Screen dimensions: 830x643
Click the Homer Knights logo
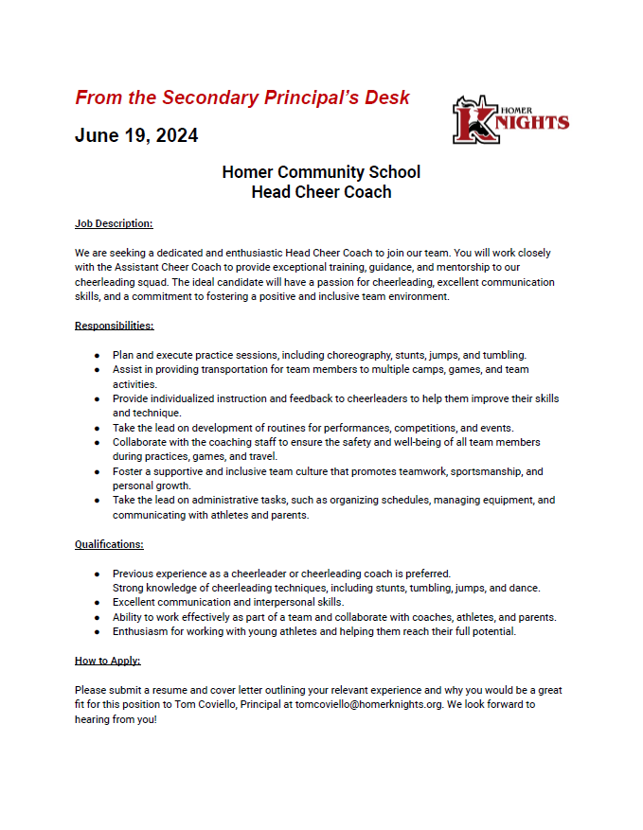[509, 119]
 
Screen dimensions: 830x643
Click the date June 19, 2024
[136, 135]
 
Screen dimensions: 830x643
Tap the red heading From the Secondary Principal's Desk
[242, 97]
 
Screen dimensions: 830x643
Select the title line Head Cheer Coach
[321, 192]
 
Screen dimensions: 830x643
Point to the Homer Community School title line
[321, 172]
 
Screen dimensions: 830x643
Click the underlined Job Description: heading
[114, 224]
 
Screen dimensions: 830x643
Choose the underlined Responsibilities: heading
[114, 326]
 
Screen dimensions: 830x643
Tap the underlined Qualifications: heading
[109, 544]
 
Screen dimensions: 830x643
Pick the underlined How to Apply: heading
[107, 661]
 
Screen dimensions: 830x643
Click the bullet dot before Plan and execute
[98, 356]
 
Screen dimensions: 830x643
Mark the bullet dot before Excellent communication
[98, 603]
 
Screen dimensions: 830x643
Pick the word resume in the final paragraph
[176, 691]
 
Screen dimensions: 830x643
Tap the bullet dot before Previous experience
[98, 574]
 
